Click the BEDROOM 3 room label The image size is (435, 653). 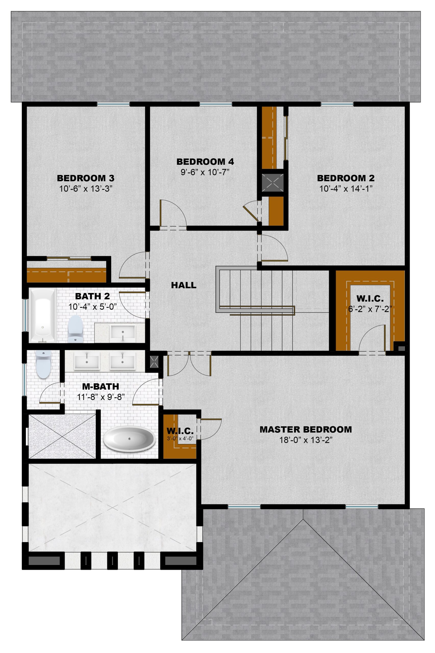click(85, 178)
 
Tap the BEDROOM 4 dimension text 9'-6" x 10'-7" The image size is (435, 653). click(205, 172)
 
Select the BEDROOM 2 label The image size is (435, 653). click(346, 178)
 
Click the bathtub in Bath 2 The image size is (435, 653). click(42, 316)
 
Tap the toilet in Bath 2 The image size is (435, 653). click(75, 329)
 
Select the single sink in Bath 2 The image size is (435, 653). click(123, 332)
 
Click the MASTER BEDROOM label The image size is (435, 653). click(306, 430)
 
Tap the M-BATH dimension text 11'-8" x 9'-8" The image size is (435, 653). click(101, 397)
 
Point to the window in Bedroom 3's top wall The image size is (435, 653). click(113, 104)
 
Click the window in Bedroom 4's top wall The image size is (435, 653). click(216, 104)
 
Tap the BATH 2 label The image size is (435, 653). click(92, 296)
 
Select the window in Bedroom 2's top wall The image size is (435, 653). click(337, 104)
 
